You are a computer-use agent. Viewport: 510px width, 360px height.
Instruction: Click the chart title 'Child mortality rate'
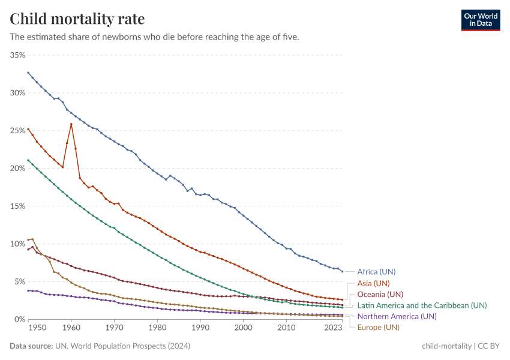point(77,19)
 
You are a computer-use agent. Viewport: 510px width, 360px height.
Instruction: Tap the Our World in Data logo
point(481,20)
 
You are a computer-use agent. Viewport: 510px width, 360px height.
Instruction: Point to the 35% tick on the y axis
point(17,55)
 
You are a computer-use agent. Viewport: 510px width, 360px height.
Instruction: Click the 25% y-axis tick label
point(17,131)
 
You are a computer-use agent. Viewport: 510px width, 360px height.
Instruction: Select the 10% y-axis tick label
point(17,244)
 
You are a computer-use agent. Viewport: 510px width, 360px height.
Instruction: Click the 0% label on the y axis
point(20,319)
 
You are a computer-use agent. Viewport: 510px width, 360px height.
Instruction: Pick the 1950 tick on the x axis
point(37,329)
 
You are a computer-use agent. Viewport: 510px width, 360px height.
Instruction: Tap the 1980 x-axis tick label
point(157,329)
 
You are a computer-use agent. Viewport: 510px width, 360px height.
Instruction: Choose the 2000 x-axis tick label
point(244,329)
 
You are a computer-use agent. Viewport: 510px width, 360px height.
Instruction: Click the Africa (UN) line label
point(376,271)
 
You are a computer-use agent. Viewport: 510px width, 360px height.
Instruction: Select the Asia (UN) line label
point(373,283)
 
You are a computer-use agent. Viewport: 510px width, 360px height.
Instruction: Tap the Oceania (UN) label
point(380,294)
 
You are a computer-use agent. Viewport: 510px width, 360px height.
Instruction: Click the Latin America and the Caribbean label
point(422,305)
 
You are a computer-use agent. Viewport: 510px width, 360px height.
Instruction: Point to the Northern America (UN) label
point(397,316)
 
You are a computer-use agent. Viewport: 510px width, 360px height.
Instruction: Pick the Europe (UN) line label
point(378,327)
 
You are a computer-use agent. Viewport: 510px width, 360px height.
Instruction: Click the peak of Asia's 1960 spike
point(71,124)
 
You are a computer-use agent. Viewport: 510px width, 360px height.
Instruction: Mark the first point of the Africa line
point(28,73)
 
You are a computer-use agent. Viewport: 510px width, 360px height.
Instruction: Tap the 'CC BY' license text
point(488,346)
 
